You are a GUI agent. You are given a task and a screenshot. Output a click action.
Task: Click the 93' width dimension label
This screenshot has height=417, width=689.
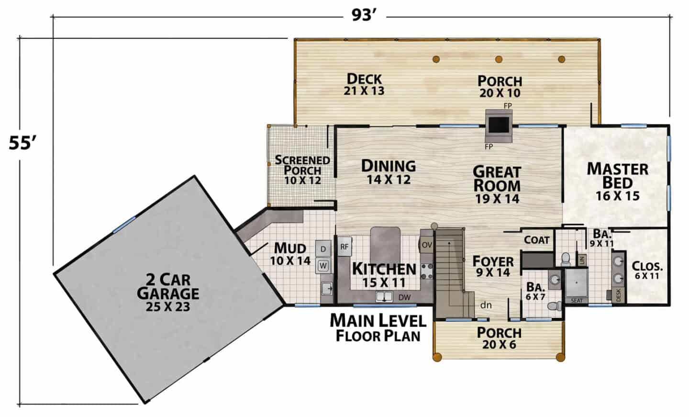point(364,15)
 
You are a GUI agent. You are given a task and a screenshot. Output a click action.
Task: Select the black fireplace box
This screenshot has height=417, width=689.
point(499,125)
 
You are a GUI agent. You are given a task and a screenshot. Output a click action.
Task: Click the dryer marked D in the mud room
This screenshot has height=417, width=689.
point(323,249)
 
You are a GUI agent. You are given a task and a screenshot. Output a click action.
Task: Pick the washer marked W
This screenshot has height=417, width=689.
point(323,266)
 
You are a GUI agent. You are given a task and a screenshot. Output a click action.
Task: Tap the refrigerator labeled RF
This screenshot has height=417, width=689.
point(344,246)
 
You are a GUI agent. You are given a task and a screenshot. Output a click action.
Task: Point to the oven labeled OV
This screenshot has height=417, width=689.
point(427,245)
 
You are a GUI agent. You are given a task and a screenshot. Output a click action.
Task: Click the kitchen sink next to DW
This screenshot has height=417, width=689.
point(384,297)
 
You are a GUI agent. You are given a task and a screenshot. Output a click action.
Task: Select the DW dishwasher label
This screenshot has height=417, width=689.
point(404,297)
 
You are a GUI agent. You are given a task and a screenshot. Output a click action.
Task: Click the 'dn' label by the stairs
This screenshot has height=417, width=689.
point(486,305)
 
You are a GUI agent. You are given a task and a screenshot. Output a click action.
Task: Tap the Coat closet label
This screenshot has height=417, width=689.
point(537,240)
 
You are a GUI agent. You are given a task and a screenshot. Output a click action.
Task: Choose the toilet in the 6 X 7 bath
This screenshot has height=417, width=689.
point(554,305)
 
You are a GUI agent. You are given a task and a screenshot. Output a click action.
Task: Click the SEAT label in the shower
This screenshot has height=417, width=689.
point(577,301)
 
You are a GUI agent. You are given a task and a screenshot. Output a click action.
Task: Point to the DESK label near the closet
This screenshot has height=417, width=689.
point(619,295)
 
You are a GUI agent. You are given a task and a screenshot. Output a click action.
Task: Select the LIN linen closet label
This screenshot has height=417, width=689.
point(582,260)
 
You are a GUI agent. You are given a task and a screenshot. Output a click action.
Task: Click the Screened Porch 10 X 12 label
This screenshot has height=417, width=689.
point(302,170)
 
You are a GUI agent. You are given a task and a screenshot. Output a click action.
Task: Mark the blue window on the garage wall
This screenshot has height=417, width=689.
point(124,225)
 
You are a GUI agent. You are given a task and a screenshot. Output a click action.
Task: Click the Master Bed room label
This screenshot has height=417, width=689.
point(618,181)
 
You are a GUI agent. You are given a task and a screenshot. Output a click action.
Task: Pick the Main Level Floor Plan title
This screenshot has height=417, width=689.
point(378,328)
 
